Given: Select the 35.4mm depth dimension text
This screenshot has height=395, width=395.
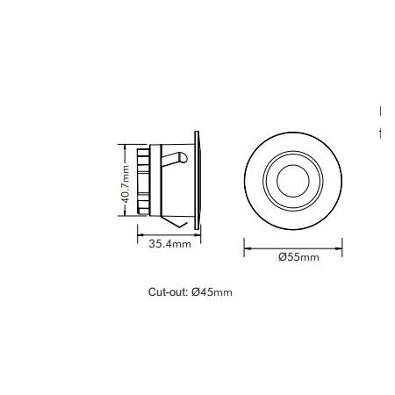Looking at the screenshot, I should pyautogui.click(x=168, y=244).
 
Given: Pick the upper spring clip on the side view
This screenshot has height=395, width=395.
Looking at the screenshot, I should pyautogui.click(x=180, y=157).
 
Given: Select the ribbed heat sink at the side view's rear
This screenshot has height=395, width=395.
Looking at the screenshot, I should pyautogui.click(x=143, y=181).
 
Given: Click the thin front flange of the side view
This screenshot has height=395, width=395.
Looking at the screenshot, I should pyautogui.click(x=200, y=179).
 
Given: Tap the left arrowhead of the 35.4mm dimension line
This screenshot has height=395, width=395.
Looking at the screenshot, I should pyautogui.click(x=139, y=233).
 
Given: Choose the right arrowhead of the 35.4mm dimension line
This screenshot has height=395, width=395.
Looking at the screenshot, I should pyautogui.click(x=199, y=233).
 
